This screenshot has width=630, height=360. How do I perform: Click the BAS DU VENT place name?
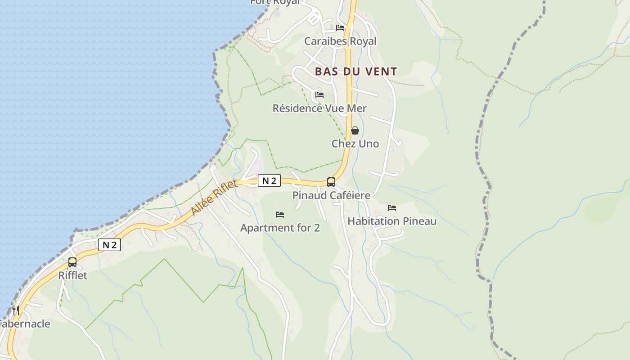(356, 72)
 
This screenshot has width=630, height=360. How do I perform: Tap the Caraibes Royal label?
(340, 41)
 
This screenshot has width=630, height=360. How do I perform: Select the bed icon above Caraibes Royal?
(340, 28)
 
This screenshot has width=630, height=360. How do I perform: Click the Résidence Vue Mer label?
(319, 108)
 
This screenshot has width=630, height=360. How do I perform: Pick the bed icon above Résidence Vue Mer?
(319, 95)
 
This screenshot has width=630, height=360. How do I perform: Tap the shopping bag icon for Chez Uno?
(355, 130)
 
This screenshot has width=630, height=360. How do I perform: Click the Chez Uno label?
(355, 144)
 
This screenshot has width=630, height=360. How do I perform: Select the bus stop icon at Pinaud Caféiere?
(331, 182)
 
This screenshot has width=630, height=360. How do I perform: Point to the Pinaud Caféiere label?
(331, 195)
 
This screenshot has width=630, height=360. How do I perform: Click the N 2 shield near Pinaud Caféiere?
(269, 181)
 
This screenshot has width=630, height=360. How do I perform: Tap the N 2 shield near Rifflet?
(109, 245)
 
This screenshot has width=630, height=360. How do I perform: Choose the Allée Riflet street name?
(214, 198)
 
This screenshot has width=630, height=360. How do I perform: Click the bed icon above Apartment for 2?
(280, 215)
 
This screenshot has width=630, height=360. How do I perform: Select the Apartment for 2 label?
(280, 228)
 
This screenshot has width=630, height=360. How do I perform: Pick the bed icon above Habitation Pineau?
(392, 208)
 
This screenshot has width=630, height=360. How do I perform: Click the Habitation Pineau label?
(392, 221)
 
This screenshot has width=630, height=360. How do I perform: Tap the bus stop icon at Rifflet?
(72, 262)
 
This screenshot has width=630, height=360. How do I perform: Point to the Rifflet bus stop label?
(72, 275)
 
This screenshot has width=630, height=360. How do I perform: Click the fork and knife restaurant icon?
(15, 310)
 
